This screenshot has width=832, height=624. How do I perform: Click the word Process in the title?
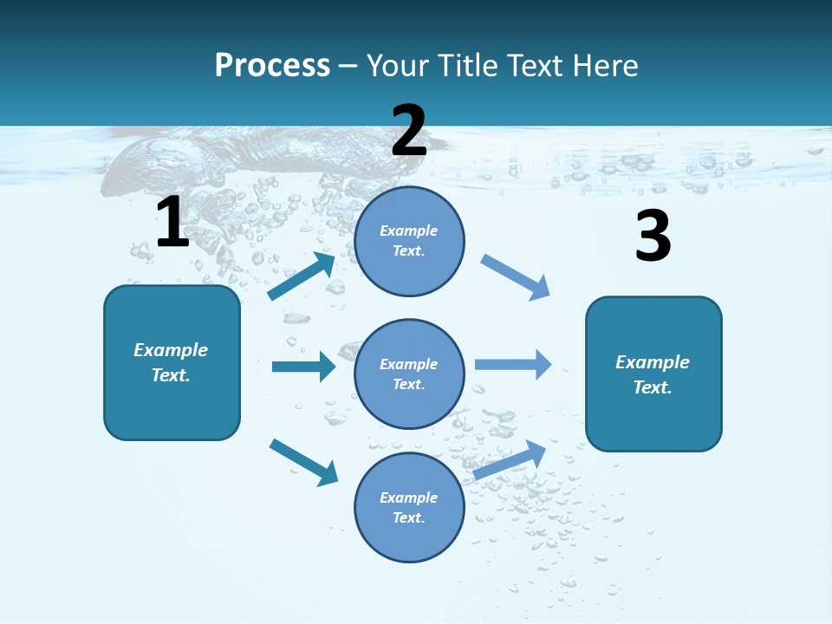pos(272,66)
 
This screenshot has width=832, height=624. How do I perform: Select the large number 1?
pos(172,223)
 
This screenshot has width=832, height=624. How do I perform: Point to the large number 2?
pos(409,131)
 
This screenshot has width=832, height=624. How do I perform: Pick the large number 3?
pos(653,236)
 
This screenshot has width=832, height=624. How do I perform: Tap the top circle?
pos(409,241)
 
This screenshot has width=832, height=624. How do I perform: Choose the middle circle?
pos(409,374)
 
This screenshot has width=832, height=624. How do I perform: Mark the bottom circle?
pos(409,508)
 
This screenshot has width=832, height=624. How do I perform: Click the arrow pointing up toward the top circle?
pos(302,276)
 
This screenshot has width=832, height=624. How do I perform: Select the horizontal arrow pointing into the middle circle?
pos(303,367)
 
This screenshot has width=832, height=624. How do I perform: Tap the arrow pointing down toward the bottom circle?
pos(303,462)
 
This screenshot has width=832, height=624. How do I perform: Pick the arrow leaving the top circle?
pos(516,276)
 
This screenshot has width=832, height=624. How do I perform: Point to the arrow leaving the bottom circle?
pos(510,459)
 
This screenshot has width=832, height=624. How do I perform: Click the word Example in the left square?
pos(171,350)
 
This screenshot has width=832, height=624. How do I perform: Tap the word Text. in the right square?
pos(653,387)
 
